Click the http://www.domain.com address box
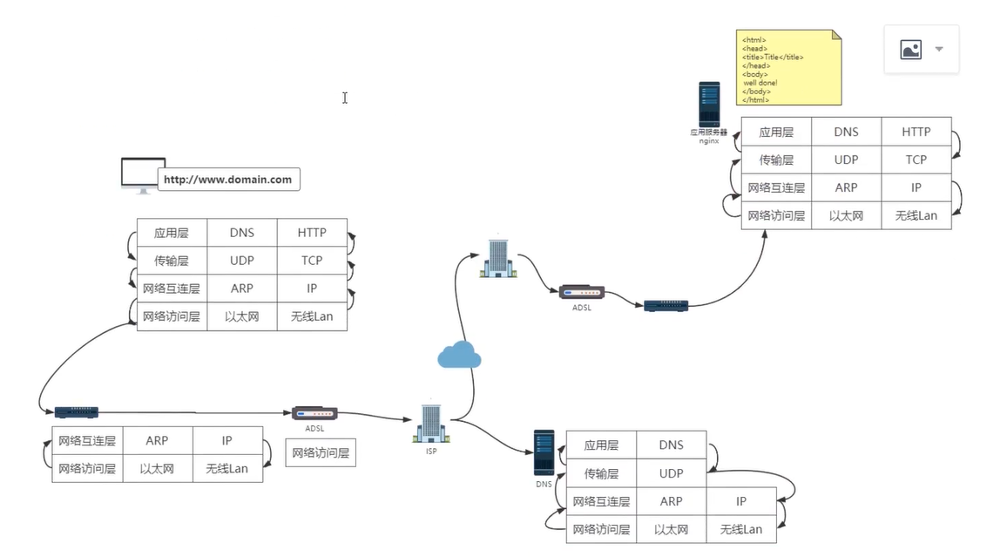(x=228, y=180)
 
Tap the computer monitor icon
(x=142, y=173)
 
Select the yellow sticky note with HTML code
(x=789, y=67)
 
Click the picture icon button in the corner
(x=911, y=50)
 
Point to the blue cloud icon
(x=459, y=354)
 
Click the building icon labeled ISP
(x=431, y=423)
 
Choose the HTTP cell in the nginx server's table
(x=916, y=132)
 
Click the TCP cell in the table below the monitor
(x=312, y=261)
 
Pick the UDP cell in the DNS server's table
(x=671, y=473)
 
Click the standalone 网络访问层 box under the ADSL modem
(x=321, y=452)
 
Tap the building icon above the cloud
(x=497, y=257)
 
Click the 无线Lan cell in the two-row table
(x=226, y=468)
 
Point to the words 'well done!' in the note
(x=760, y=83)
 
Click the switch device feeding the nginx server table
(x=666, y=306)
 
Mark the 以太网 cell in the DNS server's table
(x=671, y=529)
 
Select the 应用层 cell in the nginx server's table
(x=776, y=132)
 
